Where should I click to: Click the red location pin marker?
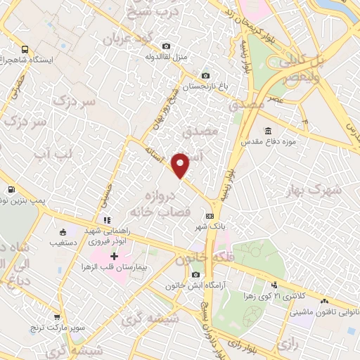point(181,165)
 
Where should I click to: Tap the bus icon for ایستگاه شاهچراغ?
point(25,50)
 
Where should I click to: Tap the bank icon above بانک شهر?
point(210,216)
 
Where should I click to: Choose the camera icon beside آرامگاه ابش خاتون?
point(195,274)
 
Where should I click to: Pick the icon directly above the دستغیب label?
point(63,233)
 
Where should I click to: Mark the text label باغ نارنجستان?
point(182,88)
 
